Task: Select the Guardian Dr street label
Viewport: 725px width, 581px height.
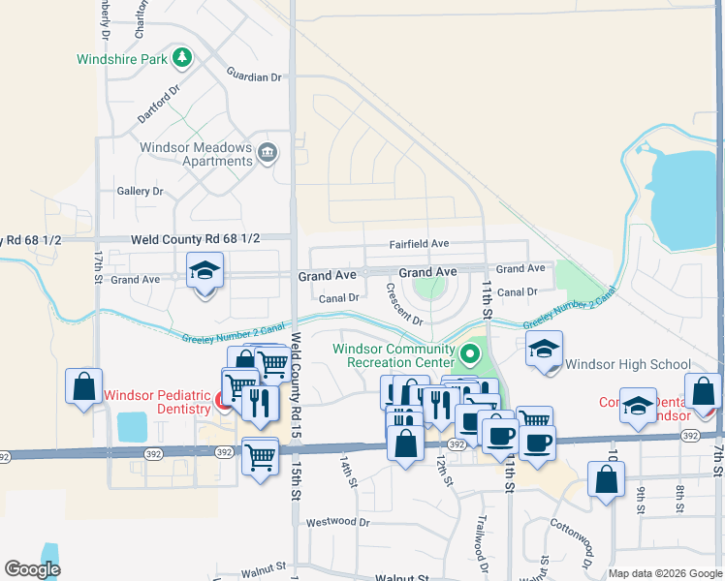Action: pyautogui.click(x=253, y=76)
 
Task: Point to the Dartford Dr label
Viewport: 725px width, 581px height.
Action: pyautogui.click(x=159, y=104)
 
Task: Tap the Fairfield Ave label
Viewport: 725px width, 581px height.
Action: pyautogui.click(x=419, y=244)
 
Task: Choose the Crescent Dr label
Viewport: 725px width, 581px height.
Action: pyautogui.click(x=404, y=304)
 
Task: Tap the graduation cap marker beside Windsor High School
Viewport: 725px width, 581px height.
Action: pyautogui.click(x=545, y=350)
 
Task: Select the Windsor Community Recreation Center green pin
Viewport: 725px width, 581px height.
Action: pyautogui.click(x=470, y=354)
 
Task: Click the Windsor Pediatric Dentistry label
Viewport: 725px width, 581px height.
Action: pyautogui.click(x=156, y=402)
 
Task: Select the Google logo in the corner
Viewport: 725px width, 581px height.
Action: pyautogui.click(x=32, y=569)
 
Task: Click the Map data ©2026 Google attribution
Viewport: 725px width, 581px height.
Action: pyautogui.click(x=665, y=573)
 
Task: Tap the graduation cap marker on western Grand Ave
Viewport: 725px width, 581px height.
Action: pyautogui.click(x=205, y=272)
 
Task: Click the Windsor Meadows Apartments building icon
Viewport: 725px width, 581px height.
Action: pyautogui.click(x=268, y=152)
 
